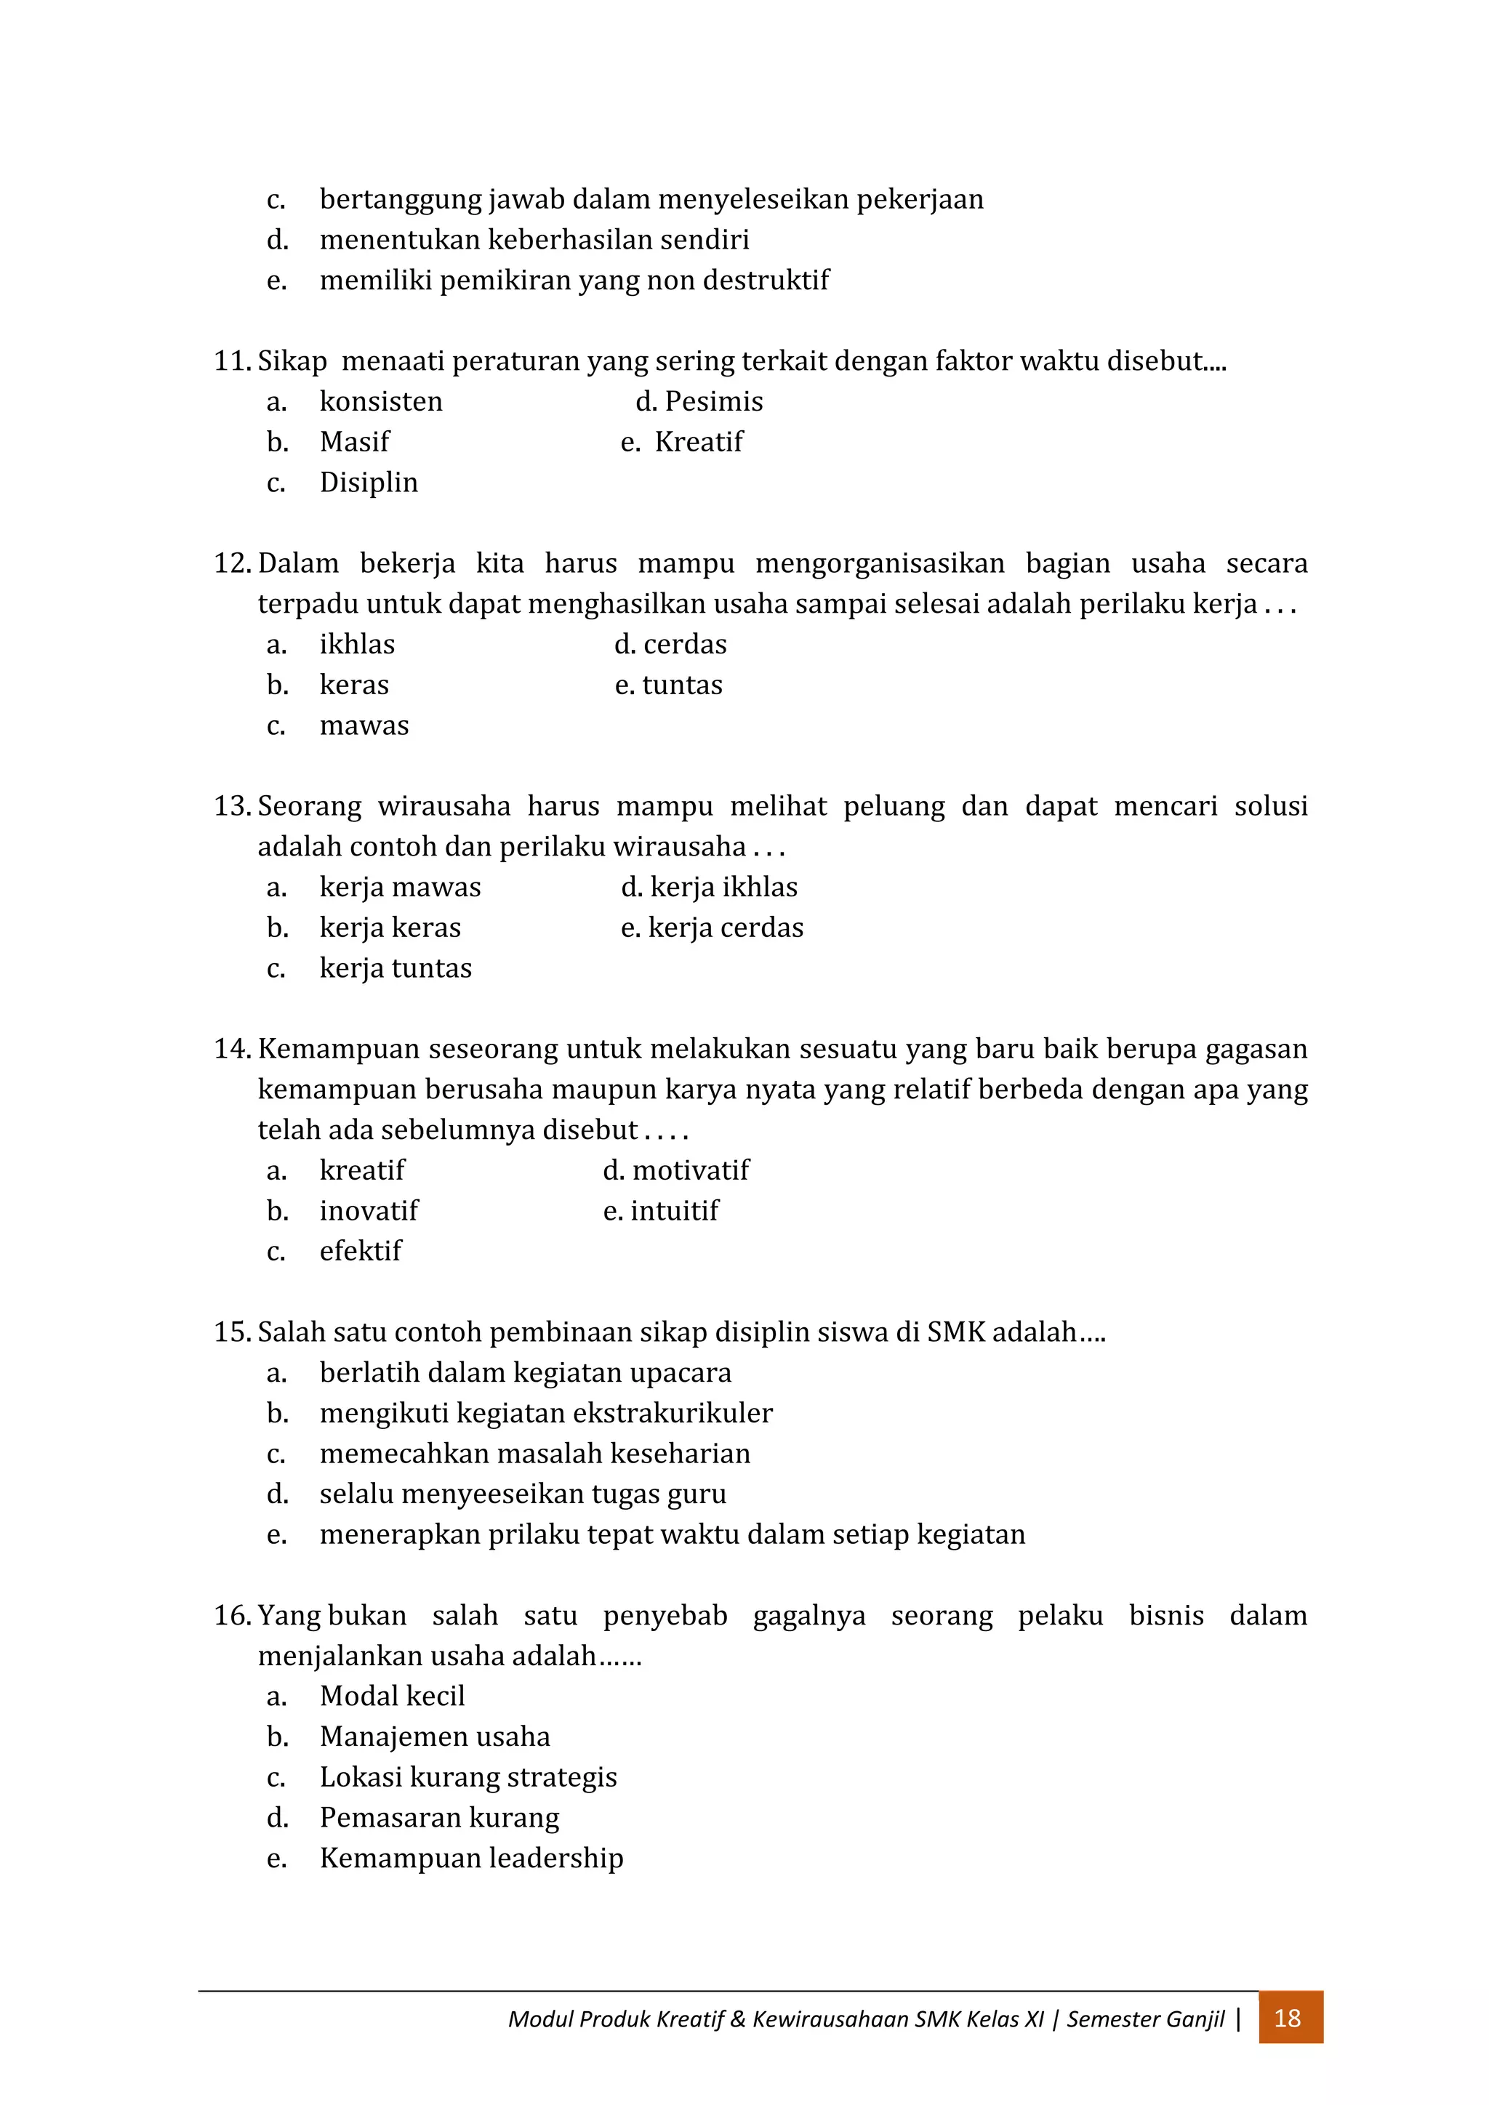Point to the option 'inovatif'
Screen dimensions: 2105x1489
pos(368,1210)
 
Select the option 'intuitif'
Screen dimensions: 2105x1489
pos(674,1210)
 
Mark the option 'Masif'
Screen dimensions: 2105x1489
pos(354,442)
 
